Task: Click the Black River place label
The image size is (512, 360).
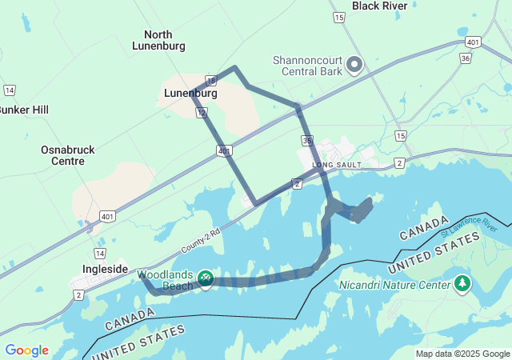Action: click(379, 6)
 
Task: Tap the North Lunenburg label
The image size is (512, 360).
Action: click(158, 40)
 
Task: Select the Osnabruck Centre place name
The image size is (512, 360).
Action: click(62, 154)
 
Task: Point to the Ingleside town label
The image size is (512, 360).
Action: click(105, 269)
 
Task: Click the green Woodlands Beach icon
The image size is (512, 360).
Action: click(206, 278)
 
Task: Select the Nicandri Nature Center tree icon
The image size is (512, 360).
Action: click(462, 283)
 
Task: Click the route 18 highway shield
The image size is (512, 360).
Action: click(210, 80)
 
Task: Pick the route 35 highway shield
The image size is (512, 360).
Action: click(308, 141)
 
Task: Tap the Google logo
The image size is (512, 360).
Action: click(26, 350)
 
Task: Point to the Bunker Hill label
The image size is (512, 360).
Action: click(22, 109)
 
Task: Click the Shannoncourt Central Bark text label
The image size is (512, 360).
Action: click(307, 65)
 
